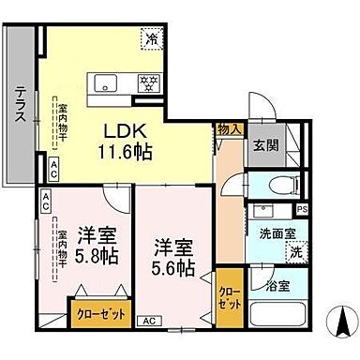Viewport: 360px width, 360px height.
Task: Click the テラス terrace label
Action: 20,104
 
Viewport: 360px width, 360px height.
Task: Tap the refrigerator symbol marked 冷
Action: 151,39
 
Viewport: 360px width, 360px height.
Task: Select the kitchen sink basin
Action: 106,80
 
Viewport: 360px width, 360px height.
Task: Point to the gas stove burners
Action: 147,81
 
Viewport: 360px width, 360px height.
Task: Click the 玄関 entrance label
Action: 263,144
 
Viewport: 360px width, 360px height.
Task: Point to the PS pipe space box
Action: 302,210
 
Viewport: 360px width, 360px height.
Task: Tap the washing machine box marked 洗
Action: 295,251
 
